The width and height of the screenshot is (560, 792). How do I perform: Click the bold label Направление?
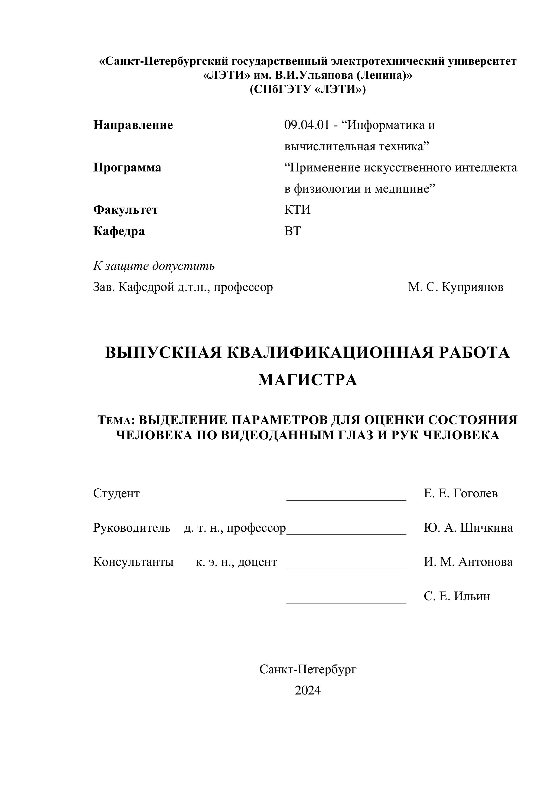point(133,125)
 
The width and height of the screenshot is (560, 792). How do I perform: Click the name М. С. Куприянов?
point(455,287)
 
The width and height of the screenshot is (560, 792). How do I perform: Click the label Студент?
point(116,494)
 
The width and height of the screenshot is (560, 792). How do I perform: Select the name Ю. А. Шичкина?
point(468,528)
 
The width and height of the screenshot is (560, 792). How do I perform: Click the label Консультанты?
point(134,562)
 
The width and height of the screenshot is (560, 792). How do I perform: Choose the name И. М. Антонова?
point(468,562)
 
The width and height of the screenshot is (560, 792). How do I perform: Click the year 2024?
point(308,690)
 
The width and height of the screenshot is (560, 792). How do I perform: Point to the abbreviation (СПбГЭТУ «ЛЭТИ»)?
point(308,89)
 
